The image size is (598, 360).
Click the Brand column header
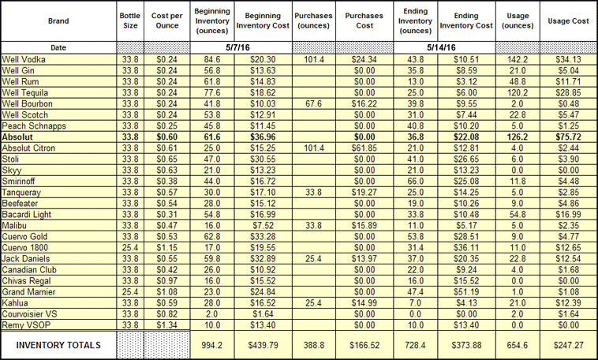coord(58,21)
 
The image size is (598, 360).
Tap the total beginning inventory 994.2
coord(212,345)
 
